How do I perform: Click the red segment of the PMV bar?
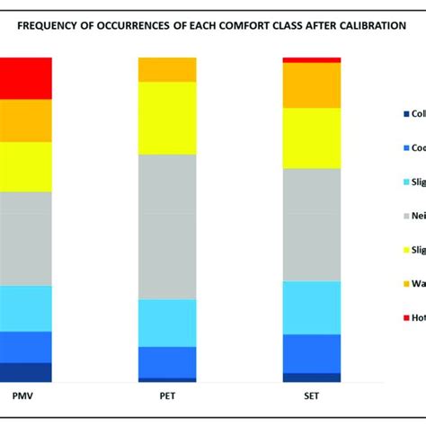coord(25,78)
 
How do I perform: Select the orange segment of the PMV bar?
coord(25,120)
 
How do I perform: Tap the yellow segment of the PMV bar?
coord(25,166)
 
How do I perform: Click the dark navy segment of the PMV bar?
coord(25,372)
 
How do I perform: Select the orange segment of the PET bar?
coord(166,69)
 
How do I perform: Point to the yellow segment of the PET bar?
coord(166,118)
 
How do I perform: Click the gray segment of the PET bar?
coord(166,226)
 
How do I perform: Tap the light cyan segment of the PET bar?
coord(166,323)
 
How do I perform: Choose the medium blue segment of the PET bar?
coord(166,362)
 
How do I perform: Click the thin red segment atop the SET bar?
coord(312,60)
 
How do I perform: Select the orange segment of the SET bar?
coord(312,85)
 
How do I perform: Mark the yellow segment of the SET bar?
coord(312,138)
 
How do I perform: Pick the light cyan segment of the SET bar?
coord(312,307)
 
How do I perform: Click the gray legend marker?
coord(406,216)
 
